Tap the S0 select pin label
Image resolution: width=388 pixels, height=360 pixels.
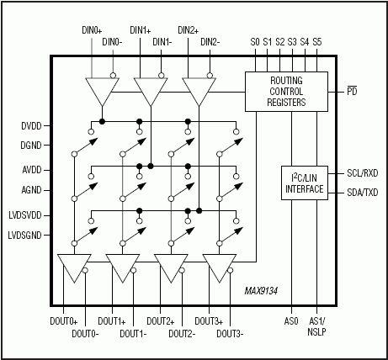[255, 41]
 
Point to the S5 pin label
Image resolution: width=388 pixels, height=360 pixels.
[316, 41]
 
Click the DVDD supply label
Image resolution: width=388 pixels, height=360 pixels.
[29, 126]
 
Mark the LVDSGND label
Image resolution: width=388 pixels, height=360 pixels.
[24, 236]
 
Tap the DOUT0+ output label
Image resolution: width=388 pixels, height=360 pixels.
[64, 321]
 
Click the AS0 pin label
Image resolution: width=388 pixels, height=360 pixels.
[291, 321]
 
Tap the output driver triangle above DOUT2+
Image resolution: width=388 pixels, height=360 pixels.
[171, 268]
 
